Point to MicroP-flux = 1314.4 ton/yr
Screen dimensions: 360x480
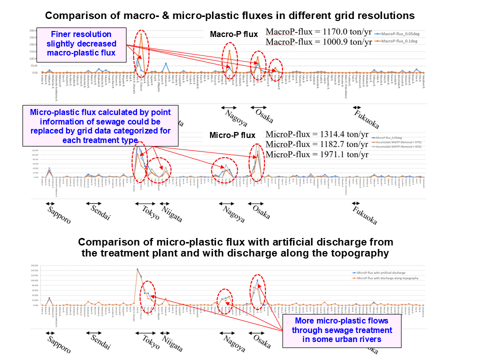[317, 134]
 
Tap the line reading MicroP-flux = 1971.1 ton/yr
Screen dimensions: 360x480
[317, 154]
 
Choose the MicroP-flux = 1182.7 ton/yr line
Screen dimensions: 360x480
[317, 144]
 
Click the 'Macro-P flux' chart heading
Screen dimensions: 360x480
[233, 34]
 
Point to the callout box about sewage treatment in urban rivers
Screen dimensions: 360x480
[342, 330]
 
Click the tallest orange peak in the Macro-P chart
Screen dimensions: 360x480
[141, 34]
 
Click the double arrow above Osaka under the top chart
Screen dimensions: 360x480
[258, 107]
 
